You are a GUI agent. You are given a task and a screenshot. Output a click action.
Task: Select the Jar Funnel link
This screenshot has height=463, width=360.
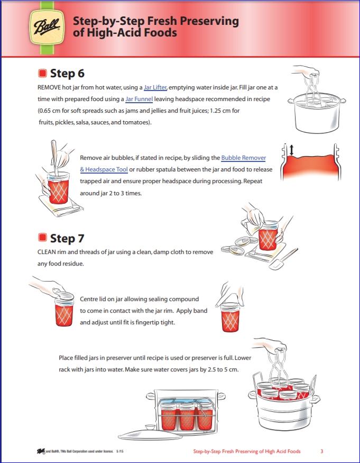(139, 99)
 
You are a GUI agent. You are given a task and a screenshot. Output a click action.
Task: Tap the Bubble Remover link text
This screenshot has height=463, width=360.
(243, 158)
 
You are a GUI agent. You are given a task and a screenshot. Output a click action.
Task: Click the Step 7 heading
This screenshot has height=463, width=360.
(67, 238)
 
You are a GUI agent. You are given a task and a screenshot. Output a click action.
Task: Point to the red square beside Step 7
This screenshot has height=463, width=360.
(43, 238)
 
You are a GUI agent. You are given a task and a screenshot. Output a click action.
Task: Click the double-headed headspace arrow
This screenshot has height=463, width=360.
(290, 150)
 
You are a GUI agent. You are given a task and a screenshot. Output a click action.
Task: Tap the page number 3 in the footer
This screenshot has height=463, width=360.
(321, 451)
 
